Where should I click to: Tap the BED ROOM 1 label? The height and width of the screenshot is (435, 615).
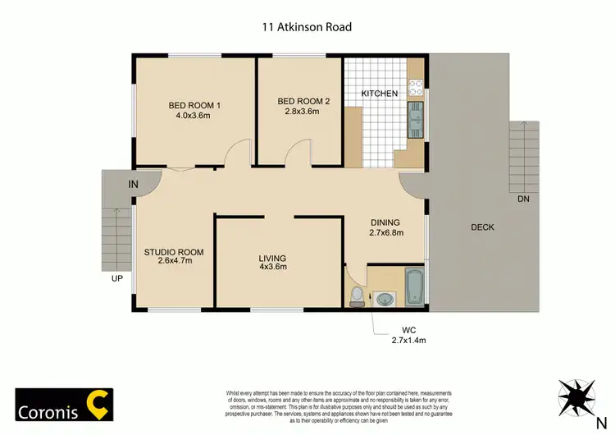pyautogui.click(x=194, y=105)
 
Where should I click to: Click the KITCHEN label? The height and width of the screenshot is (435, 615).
pyautogui.click(x=380, y=94)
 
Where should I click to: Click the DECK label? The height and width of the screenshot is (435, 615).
pyautogui.click(x=483, y=227)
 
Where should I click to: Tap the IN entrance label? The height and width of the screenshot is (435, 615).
pyautogui.click(x=134, y=185)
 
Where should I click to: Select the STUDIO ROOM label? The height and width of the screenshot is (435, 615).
pyautogui.click(x=174, y=252)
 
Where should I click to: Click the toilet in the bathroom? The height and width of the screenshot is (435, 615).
pyautogui.click(x=356, y=295)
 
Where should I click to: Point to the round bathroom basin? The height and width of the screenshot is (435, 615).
pyautogui.click(x=385, y=300)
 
